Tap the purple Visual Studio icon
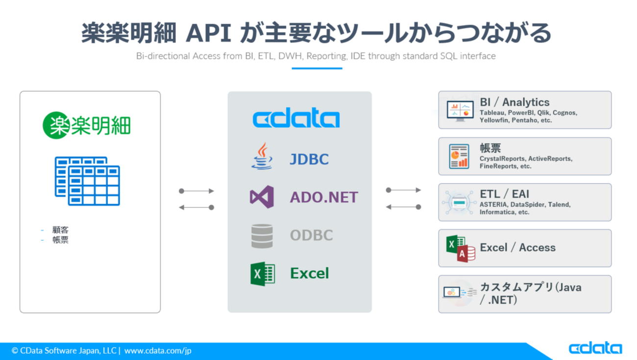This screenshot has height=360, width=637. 262,197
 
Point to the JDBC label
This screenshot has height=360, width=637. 309,159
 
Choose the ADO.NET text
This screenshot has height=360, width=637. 324,197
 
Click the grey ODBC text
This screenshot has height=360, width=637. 311,235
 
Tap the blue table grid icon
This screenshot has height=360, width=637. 87,181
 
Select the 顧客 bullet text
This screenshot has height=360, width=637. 61,230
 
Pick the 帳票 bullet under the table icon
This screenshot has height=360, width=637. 61,240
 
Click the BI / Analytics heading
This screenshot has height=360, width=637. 514,102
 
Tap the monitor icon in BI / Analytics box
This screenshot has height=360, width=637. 460,111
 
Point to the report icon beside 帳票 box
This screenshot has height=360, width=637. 459,156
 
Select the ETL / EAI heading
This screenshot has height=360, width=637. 504,194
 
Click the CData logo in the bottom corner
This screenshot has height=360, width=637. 595,348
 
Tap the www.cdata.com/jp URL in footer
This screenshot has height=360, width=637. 158,350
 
